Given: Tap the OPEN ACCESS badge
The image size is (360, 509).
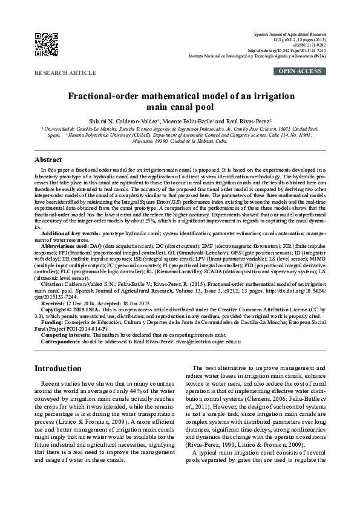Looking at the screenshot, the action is (x=300, y=71).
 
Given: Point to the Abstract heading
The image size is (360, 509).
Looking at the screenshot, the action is (x=48, y=160).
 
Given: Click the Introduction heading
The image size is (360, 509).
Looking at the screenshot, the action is (x=58, y=368).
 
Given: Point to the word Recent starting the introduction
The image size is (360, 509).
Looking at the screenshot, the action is (x=51, y=384).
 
